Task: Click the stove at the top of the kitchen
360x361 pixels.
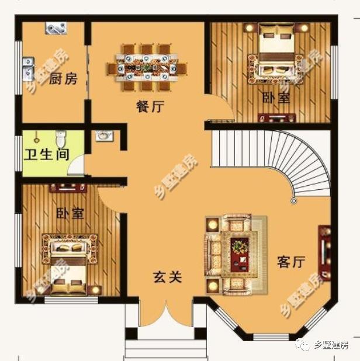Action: pos(56,28)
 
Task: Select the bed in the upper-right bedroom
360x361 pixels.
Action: pos(275,55)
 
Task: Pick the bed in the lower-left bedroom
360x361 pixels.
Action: pos(65,266)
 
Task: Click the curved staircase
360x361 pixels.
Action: pos(275,158)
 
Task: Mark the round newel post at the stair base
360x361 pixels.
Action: pos(293,201)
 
